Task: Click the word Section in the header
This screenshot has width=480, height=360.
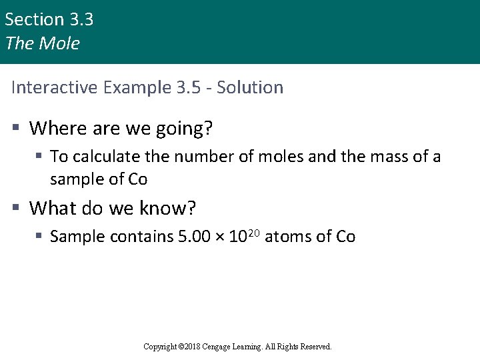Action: click(35, 20)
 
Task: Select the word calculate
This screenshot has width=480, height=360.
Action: click(103, 157)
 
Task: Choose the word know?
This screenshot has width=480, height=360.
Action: click(168, 209)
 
